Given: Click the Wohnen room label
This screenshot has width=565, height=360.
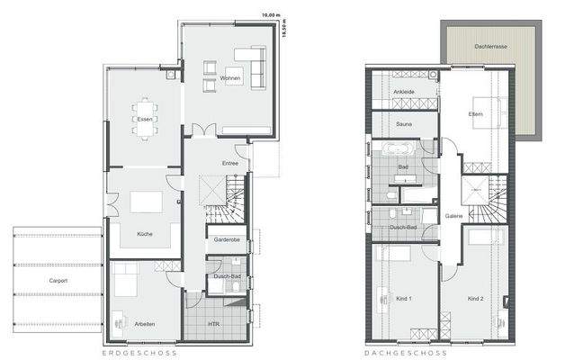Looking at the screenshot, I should [x=229, y=79].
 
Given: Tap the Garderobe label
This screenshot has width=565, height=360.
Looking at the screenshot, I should [x=226, y=240].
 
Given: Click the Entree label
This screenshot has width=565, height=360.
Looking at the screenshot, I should [x=231, y=163].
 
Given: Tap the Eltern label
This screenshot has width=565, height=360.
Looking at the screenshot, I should [x=476, y=114].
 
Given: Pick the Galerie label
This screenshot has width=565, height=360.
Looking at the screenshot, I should [x=453, y=217].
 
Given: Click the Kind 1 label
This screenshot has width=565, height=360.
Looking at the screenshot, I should [x=404, y=298].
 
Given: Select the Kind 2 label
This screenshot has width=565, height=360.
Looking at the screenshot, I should [x=476, y=298].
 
